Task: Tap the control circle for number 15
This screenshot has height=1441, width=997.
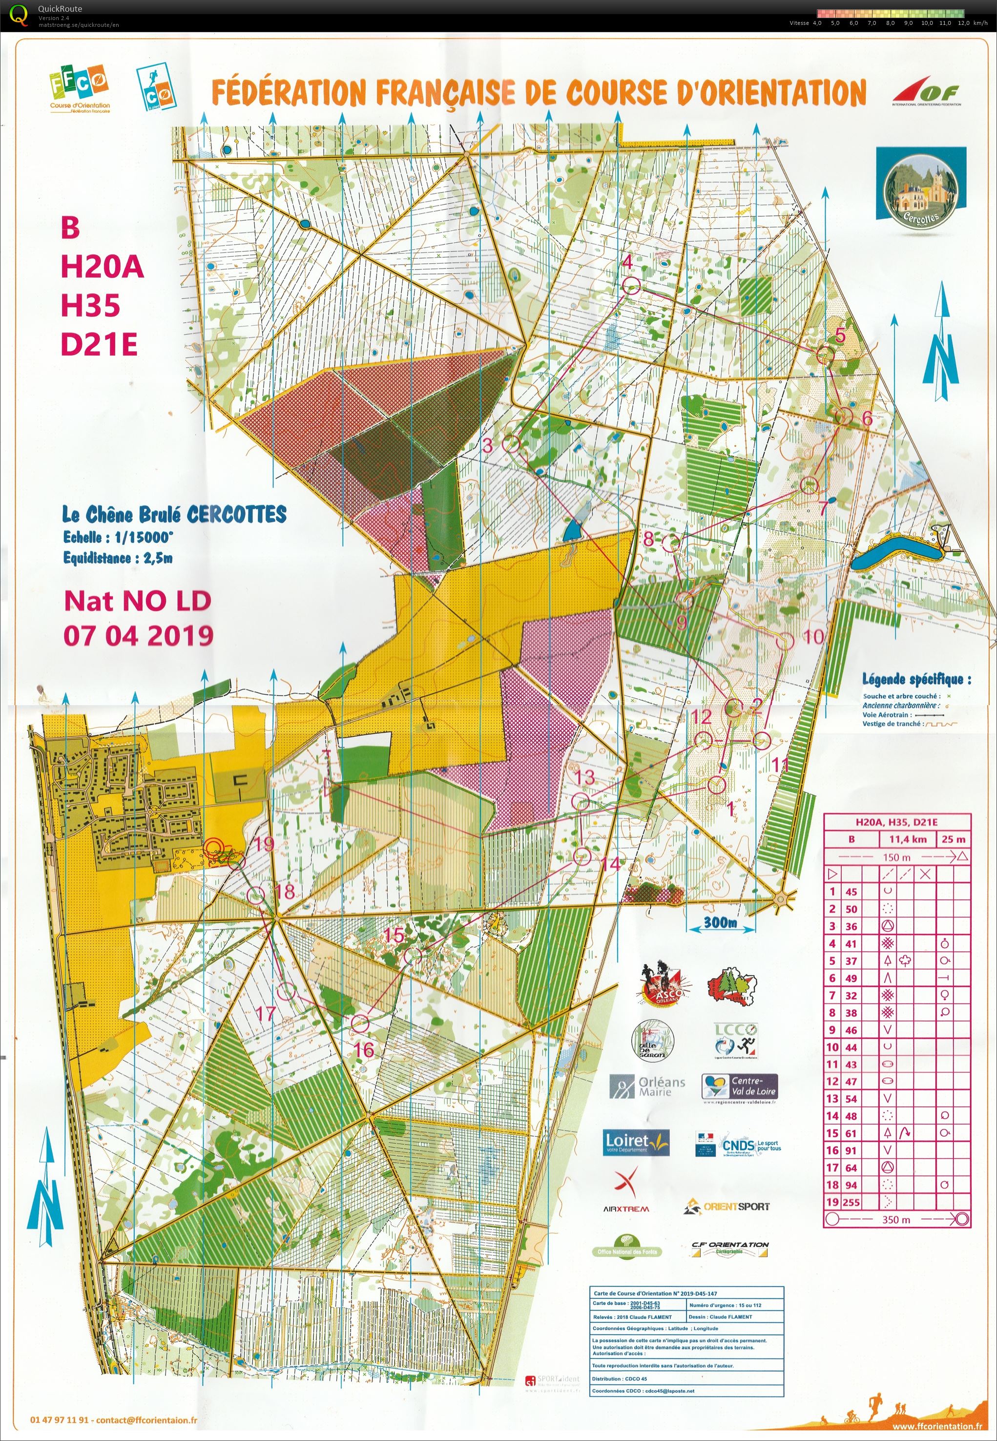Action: [x=413, y=956]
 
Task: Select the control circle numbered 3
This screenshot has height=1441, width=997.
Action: [x=512, y=443]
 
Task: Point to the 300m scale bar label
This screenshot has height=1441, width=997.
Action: [x=720, y=922]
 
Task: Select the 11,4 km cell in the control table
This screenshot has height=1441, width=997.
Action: [x=907, y=839]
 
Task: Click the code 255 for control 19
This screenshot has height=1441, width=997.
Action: [x=851, y=1202]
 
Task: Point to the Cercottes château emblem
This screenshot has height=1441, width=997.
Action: [x=921, y=184]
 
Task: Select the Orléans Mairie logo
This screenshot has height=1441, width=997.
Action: [x=648, y=1087]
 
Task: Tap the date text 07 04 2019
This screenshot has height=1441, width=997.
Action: [x=138, y=635]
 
